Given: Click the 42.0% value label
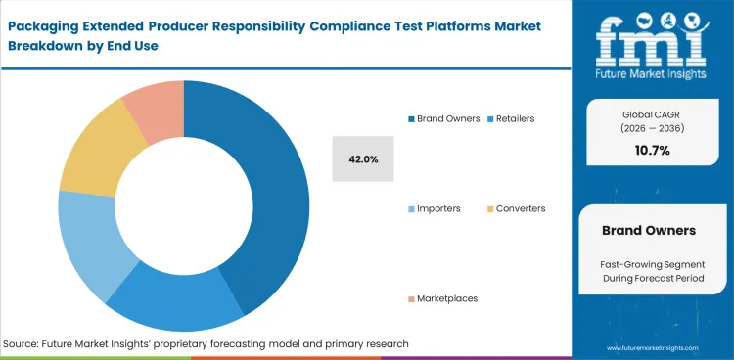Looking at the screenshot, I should point(364,158).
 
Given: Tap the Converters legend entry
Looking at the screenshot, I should point(520,208).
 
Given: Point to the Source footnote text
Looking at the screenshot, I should point(206,343).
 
